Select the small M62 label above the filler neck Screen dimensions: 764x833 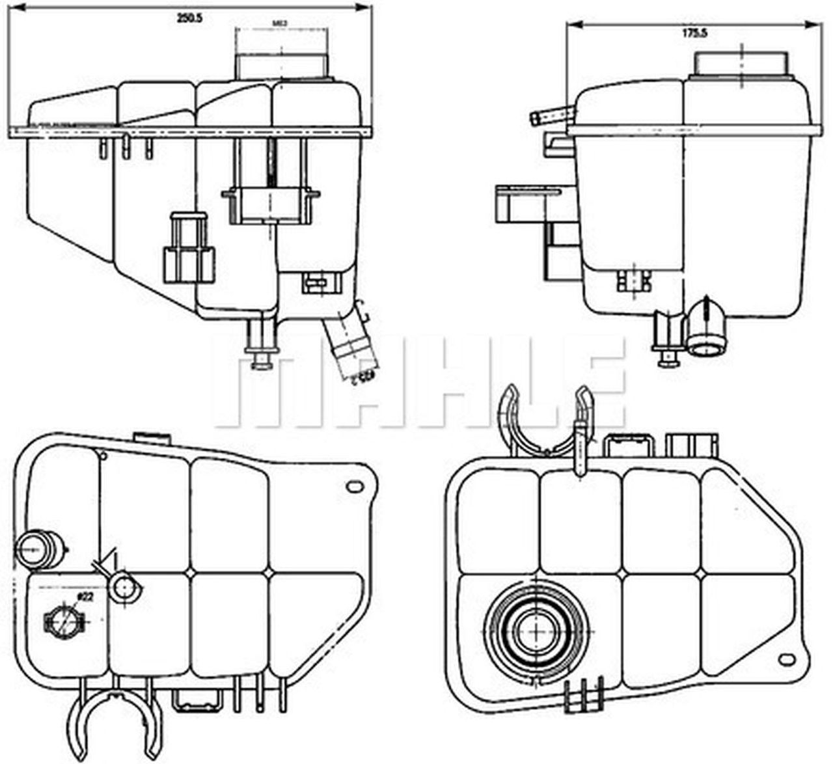(x=279, y=27)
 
